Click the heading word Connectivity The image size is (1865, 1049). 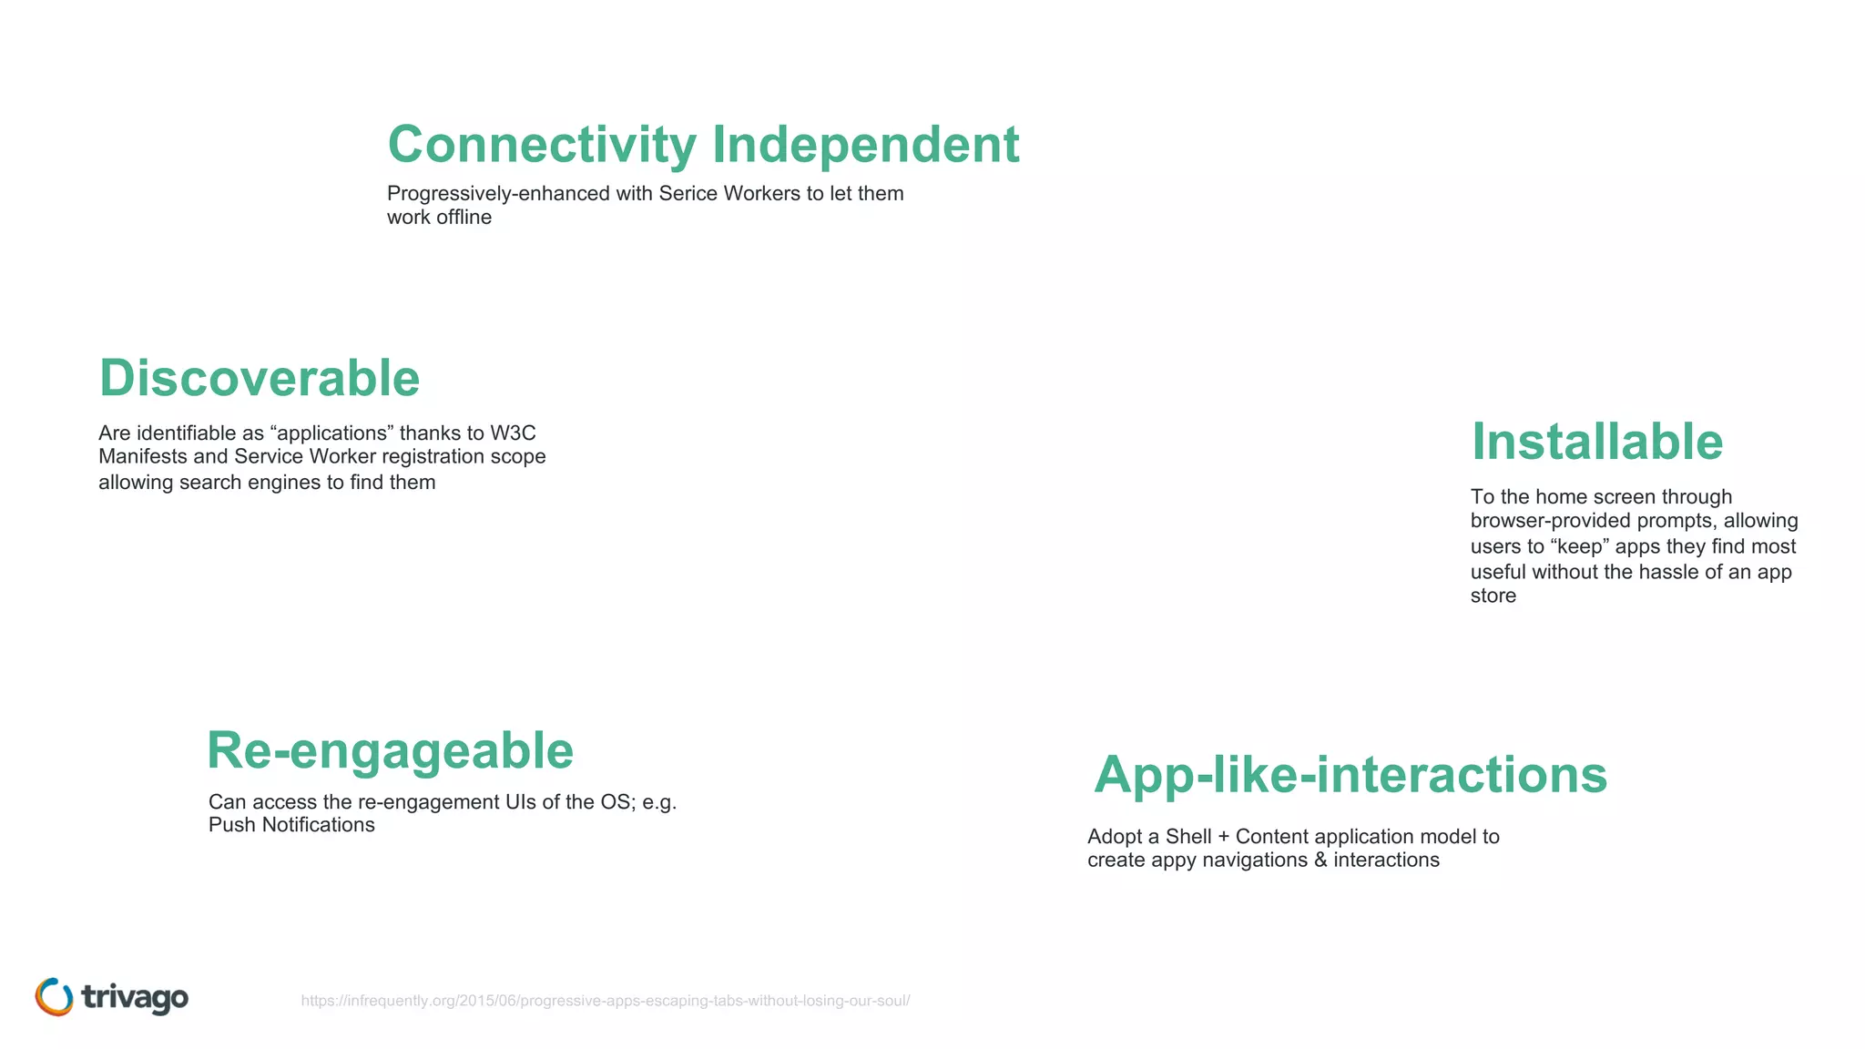(542, 145)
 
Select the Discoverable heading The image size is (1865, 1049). (260, 378)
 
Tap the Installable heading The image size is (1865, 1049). (1597, 442)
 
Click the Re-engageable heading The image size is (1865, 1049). (390, 750)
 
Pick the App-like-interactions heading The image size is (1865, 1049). (1350, 775)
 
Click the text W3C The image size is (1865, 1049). (513, 433)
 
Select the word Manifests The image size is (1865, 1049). (142, 456)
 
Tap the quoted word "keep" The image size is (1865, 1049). (1579, 546)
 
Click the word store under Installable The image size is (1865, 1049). (1493, 596)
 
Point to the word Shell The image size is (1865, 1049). (1188, 837)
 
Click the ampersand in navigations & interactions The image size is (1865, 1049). (1320, 861)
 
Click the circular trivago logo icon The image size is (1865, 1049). (54, 997)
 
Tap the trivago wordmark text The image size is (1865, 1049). (135, 998)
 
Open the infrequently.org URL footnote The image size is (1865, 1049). (606, 1001)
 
